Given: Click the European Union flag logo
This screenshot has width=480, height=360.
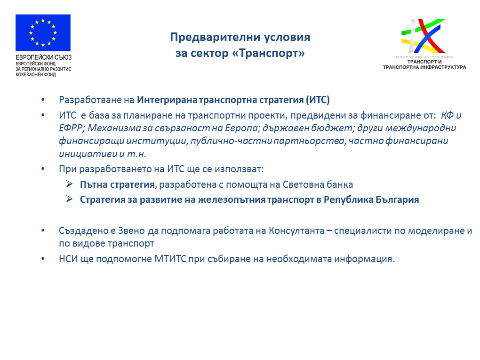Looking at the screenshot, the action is coord(43,33).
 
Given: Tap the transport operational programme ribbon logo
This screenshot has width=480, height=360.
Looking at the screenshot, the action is coord(424,36).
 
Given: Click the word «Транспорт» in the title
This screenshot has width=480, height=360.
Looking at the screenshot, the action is coord(268,53).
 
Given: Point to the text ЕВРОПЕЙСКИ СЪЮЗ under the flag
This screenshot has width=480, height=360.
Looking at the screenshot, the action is coord(43,57).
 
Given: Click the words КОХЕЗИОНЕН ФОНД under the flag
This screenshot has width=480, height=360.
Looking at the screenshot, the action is coord(36,74).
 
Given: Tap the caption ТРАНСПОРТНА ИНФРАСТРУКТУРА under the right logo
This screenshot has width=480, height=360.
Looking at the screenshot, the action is coord(424,67).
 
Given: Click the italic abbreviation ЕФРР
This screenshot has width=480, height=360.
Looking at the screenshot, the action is coord(70,128).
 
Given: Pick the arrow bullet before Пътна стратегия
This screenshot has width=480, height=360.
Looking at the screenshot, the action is coord(69,184).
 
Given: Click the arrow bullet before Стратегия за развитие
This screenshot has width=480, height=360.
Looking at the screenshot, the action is coord(69,199).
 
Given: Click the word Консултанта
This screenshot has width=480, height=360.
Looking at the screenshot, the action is coord(296,231).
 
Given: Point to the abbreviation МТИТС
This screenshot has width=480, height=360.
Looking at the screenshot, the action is coord(170,259).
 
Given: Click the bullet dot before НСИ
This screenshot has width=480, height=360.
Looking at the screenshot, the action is coord(43,259).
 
